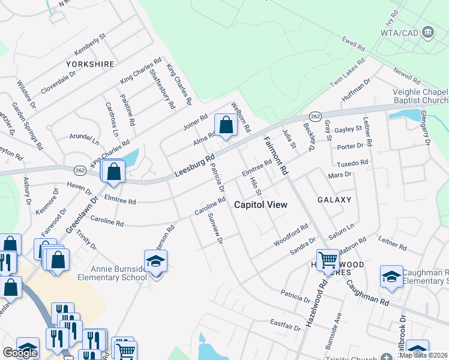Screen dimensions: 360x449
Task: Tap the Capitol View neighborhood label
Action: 261,205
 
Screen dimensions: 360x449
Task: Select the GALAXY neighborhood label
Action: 334,199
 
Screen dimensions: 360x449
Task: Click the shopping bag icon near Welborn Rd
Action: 226,125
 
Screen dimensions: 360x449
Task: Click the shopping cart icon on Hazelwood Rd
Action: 328,260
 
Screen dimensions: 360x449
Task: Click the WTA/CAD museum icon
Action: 428,32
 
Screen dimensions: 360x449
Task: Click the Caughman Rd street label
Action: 368,293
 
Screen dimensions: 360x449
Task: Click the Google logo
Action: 20,353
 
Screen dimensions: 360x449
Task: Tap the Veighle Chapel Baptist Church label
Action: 420,96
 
